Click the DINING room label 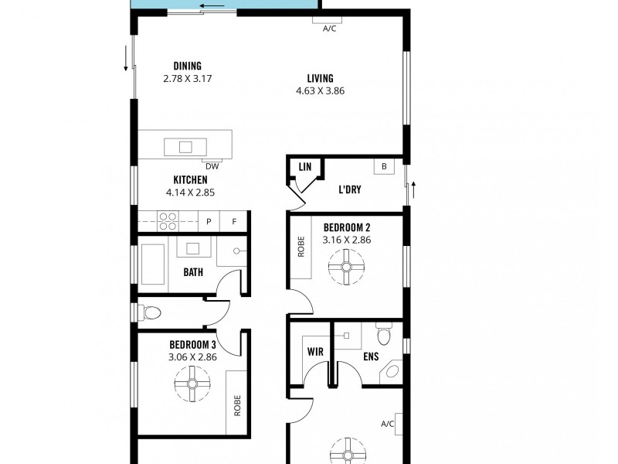(187, 66)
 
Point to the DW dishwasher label (210, 165)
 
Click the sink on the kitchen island (186, 146)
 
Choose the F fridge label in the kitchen (233, 222)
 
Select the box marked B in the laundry (383, 166)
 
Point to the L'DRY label (351, 189)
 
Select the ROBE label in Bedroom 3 (237, 404)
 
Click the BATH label (193, 272)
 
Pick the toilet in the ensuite (383, 335)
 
